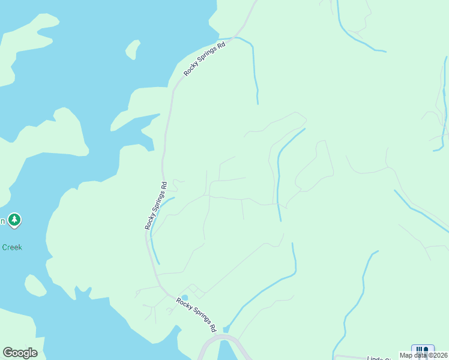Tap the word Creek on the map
11,247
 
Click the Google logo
20,353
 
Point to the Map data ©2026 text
423,355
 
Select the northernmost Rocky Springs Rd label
204,58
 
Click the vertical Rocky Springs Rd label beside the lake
155,205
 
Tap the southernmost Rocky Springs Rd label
196,314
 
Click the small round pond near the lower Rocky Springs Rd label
185,298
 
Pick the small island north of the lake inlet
133,49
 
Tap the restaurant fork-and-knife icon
423,350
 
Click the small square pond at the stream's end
226,329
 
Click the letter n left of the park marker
2,221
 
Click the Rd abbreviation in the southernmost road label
211,326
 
